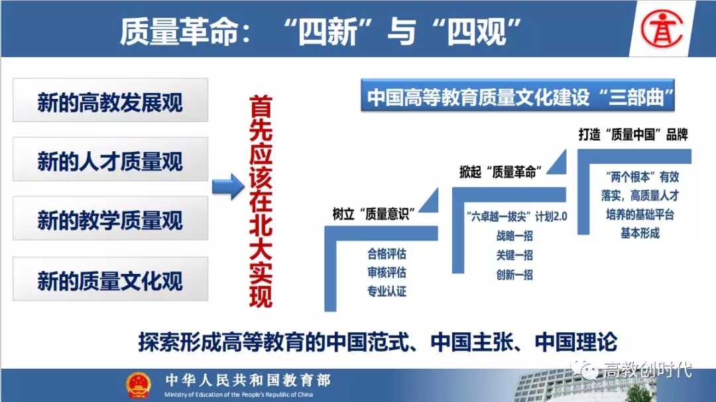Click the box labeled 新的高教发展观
[x=111, y=100]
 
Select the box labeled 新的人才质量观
[x=111, y=159]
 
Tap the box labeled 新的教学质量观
[x=111, y=218]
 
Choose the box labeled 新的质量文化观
[x=111, y=279]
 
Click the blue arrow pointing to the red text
[x=228, y=186]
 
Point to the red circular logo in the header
[x=662, y=29]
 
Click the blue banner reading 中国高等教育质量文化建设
[x=518, y=96]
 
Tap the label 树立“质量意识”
[x=373, y=214]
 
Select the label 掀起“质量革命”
[x=501, y=172]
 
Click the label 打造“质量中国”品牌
[x=633, y=135]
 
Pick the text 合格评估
[x=387, y=253]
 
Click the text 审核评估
[x=387, y=273]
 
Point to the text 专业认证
[x=387, y=291]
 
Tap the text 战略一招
[x=514, y=235]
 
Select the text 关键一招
[x=514, y=255]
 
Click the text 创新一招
[x=514, y=275]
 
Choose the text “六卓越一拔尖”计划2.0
[x=517, y=216]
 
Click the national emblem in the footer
[x=139, y=384]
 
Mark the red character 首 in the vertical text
[x=261, y=106]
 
